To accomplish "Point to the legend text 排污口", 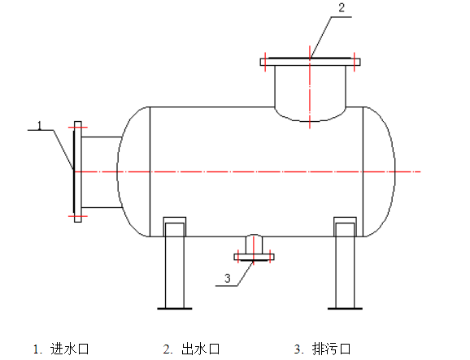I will tap(332, 349).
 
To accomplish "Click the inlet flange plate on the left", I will tap(77, 171).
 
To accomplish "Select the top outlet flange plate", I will tap(310, 60).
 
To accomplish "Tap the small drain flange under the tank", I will tap(255, 257).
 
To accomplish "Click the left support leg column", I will tap(175, 264).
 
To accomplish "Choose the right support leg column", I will tap(344, 264).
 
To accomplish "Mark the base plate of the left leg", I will tap(175, 307).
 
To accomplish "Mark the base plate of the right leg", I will tap(344, 307).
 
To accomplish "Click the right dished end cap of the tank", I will tap(379, 171).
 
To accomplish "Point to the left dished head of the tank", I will tap(133, 171).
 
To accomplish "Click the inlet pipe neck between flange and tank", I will tap(101, 171).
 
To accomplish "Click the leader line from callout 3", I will tap(243, 270).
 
